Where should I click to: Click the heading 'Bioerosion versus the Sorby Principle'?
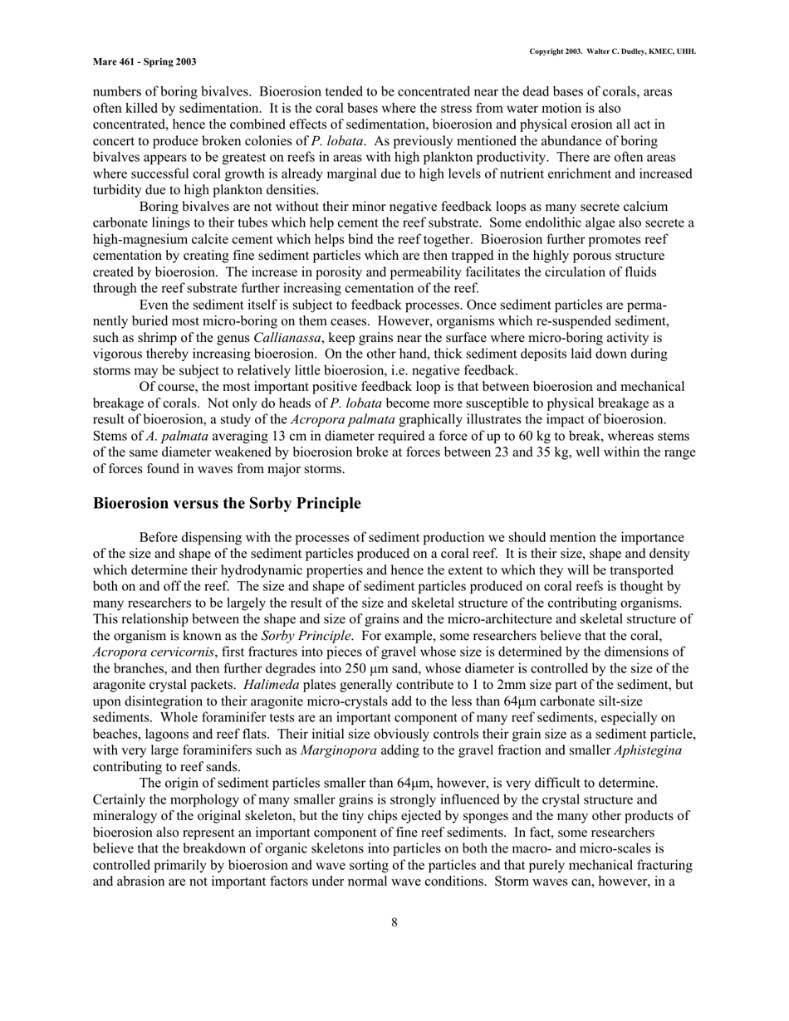click(x=227, y=504)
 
